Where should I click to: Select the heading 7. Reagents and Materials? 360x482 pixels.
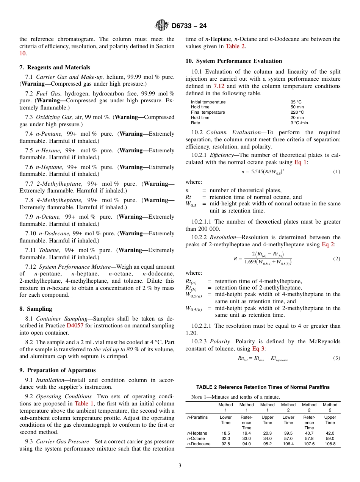55,67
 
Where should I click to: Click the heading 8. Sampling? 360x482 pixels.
36,309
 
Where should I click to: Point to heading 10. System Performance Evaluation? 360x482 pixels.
234,61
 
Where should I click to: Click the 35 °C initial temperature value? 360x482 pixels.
296,102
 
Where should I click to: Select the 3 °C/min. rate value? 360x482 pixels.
300,123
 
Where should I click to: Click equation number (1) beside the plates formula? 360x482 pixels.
337,172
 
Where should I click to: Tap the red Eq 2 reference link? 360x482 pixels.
328,244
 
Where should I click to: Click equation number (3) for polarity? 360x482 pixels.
337,358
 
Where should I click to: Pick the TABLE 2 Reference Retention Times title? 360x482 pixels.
263,387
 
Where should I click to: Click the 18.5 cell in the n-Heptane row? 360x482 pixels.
225,433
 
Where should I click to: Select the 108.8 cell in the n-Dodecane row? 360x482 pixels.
330,444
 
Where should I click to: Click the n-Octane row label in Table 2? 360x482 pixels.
196,438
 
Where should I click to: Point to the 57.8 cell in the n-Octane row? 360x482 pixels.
309,438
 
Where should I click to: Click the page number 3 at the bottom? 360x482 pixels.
180,465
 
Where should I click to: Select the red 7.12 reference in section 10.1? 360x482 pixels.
219,86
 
